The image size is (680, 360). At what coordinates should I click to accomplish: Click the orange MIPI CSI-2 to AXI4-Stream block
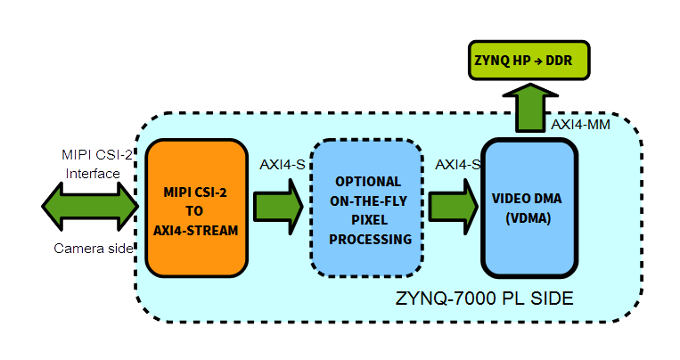pyautogui.click(x=196, y=207)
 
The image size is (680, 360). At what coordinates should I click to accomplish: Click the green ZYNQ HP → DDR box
pyautogui.click(x=528, y=61)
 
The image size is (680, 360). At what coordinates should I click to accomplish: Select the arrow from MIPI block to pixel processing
pyautogui.click(x=279, y=206)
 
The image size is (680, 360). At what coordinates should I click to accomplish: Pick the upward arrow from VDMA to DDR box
pyautogui.click(x=528, y=109)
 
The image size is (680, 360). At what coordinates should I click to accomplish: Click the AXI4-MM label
pyautogui.click(x=580, y=125)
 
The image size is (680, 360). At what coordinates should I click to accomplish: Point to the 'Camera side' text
pyautogui.click(x=92, y=249)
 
